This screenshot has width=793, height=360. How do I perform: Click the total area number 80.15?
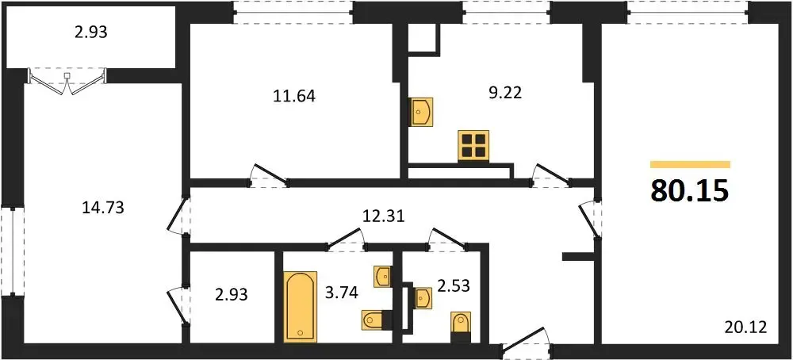point(690,190)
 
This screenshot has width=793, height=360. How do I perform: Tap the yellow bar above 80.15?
point(691,164)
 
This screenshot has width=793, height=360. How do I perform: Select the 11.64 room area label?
point(294,96)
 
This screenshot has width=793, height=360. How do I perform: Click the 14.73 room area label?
point(102,207)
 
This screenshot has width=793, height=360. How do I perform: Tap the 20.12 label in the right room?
point(745,327)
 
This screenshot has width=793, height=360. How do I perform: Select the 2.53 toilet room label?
point(454,287)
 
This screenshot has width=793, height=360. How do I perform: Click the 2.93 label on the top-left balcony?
point(91,33)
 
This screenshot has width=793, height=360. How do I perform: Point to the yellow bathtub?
point(301,306)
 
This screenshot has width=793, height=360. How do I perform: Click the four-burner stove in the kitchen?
point(474,146)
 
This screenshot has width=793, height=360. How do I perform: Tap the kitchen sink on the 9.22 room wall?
point(421,112)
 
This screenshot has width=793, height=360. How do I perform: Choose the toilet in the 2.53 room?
point(461,323)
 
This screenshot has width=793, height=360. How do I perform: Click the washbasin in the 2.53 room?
point(423,297)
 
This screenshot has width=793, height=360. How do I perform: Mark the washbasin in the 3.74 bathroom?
point(383,276)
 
